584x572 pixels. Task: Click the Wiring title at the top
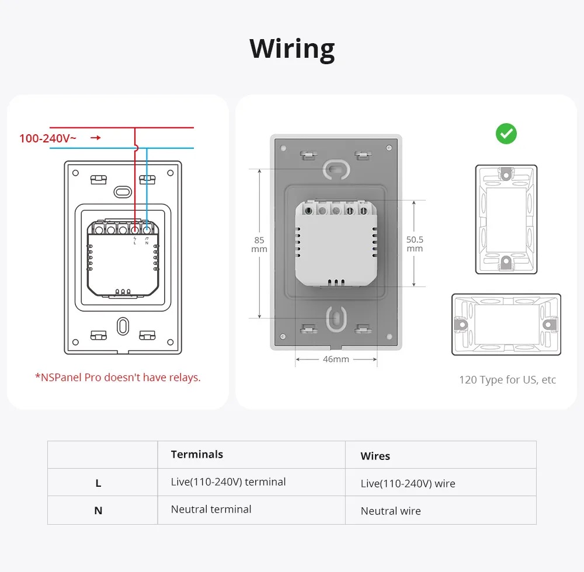(x=292, y=48)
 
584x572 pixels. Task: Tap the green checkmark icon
(x=506, y=134)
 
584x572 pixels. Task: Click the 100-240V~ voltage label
(x=47, y=138)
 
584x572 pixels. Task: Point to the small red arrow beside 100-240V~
(x=95, y=138)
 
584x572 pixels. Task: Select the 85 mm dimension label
(x=259, y=245)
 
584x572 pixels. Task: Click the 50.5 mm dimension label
(x=415, y=244)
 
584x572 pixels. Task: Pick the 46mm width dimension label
(x=336, y=359)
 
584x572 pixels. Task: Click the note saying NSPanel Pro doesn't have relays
(x=118, y=378)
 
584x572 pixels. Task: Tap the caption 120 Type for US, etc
(x=507, y=380)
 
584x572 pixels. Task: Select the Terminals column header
(x=197, y=455)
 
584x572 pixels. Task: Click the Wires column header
(x=376, y=456)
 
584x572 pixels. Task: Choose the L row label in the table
(x=98, y=483)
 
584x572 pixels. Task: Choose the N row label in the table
(x=98, y=511)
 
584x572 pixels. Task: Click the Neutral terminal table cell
(x=211, y=510)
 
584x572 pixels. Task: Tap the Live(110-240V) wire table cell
(x=408, y=483)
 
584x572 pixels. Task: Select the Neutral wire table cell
(x=391, y=511)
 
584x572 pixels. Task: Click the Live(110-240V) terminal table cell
(x=228, y=482)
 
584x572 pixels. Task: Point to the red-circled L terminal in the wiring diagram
(x=135, y=229)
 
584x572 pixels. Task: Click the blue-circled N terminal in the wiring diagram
(x=147, y=229)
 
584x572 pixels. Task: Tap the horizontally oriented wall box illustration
(x=506, y=325)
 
